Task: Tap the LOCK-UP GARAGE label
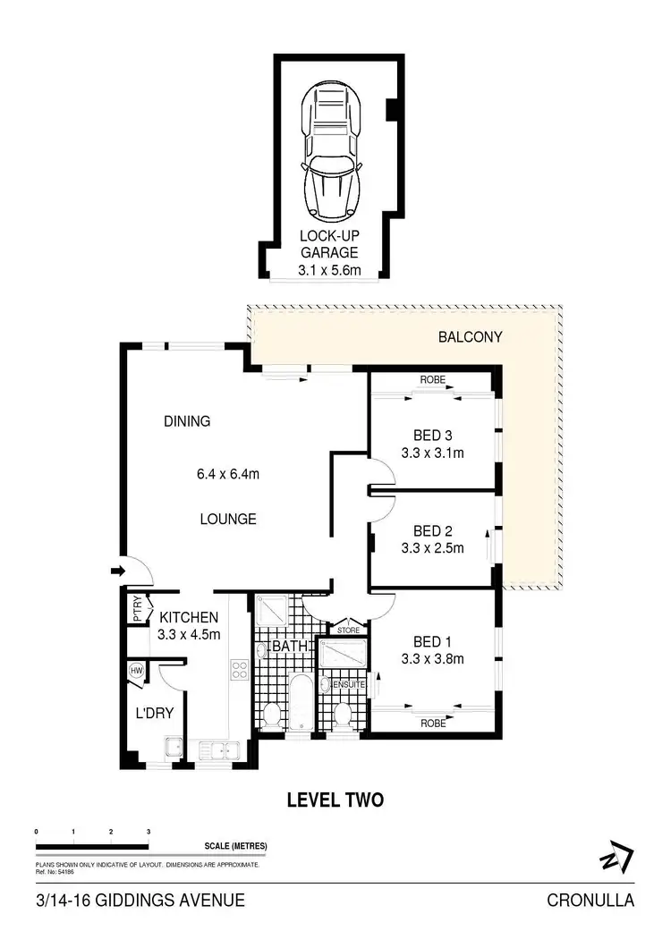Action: click(328, 246)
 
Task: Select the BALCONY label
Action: click(470, 338)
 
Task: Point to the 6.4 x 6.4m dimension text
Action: click(228, 475)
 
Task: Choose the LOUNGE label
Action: click(227, 519)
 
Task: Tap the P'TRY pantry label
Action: click(138, 610)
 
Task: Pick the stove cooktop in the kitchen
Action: click(239, 671)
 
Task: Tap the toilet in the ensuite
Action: click(340, 715)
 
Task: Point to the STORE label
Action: click(349, 631)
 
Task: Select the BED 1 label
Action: click(432, 642)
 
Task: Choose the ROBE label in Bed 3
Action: click(432, 380)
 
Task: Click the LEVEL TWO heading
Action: click(335, 800)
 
